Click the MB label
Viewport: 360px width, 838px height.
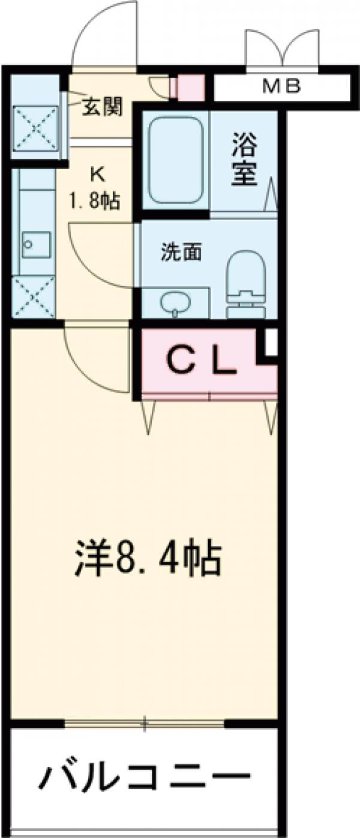(281, 88)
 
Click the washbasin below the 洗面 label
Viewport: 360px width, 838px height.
(175, 302)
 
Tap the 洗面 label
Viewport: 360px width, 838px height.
(181, 253)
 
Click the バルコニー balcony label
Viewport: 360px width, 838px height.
(144, 779)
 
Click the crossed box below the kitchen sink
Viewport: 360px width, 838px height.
(34, 297)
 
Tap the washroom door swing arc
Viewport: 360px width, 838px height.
(102, 255)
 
